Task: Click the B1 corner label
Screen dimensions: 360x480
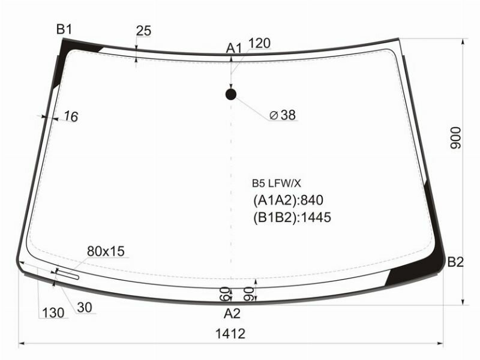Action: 64,29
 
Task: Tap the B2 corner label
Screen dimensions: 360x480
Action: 455,261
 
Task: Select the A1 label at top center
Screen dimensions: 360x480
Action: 233,48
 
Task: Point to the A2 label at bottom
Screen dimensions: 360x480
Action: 232,313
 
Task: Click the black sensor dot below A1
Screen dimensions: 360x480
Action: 231,94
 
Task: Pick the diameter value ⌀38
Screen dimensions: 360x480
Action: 283,115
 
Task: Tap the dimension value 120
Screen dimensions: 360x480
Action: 259,43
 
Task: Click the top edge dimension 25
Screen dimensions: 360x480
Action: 143,31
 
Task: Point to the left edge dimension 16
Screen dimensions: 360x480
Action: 70,117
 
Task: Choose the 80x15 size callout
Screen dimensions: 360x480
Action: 105,251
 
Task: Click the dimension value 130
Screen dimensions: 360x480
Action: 53,313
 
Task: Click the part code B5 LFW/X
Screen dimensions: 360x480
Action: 275,184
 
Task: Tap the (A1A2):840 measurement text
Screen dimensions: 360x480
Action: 289,200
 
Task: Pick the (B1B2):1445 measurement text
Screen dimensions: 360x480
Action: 292,217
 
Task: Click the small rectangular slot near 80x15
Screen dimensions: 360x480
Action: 67,274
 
